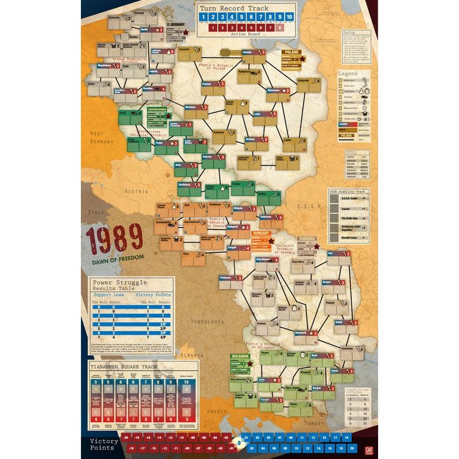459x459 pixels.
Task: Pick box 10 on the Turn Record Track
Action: click(x=289, y=17)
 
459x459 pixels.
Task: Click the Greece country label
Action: click(x=218, y=411)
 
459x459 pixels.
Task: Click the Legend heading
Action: click(x=348, y=74)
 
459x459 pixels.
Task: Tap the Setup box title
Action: click(x=349, y=33)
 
